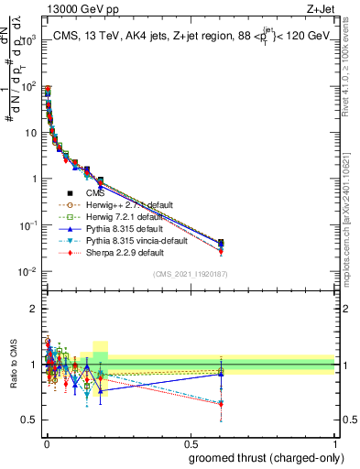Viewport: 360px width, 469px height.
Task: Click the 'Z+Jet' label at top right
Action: [318, 10]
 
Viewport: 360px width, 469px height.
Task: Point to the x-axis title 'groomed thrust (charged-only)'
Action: [265, 458]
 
